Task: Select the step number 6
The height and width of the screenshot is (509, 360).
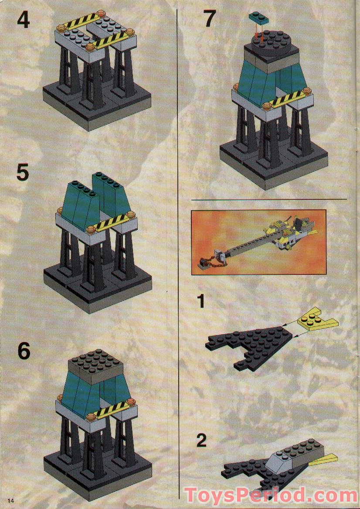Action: pos(24,352)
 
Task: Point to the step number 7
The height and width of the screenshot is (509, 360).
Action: pos(210,20)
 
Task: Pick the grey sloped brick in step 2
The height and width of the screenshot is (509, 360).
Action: pos(284,459)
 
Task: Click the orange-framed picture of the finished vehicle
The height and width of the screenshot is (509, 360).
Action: pos(258,242)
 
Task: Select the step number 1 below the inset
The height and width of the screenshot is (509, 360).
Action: pos(200,301)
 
